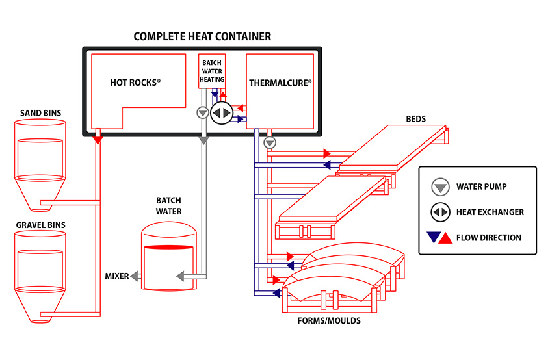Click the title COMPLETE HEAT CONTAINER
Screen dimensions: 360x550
coord(202,36)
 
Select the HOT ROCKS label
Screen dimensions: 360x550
coord(135,83)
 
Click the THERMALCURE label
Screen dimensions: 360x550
coord(280,83)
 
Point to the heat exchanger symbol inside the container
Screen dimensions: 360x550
coord(222,112)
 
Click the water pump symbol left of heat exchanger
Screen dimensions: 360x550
coord(202,112)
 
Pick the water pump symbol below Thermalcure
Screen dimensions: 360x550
coord(270,142)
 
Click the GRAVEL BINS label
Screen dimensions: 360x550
coord(41,225)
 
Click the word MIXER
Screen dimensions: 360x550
coord(117,276)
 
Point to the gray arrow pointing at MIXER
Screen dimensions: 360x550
coord(135,276)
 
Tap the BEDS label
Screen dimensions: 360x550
coord(417,119)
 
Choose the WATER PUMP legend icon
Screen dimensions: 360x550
coord(441,187)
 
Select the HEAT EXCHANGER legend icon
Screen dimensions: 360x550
coord(441,212)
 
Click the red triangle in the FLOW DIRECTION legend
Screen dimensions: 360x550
coord(447,237)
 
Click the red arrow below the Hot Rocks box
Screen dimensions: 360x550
coord(98,138)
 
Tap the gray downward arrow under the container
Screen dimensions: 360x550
coord(203,138)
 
